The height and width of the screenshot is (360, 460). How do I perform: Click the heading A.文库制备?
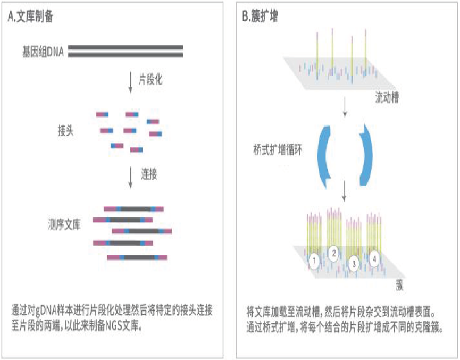click(x=30, y=16)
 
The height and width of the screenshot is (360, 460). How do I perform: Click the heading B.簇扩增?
click(x=260, y=16)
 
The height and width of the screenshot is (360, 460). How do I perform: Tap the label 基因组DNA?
click(x=43, y=52)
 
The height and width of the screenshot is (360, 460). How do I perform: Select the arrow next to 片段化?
click(x=130, y=82)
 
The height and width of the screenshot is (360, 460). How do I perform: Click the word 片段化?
click(x=150, y=79)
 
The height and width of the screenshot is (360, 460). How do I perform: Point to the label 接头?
click(x=65, y=130)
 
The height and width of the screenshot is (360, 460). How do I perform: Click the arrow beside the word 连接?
click(x=130, y=178)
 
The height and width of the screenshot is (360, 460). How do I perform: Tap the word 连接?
click(x=149, y=174)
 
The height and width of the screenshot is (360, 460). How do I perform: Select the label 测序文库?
click(x=64, y=225)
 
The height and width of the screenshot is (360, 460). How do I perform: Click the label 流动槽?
click(x=387, y=97)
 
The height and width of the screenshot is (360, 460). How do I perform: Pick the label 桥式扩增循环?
click(x=278, y=150)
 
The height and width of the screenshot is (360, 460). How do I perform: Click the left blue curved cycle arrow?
click(x=325, y=156)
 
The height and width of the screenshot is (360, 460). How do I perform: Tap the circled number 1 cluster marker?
click(x=314, y=261)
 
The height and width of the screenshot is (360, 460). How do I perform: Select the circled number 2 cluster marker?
click(x=333, y=253)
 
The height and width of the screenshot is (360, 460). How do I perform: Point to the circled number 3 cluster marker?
click(x=354, y=264)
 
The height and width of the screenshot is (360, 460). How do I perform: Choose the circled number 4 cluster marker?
click(x=374, y=259)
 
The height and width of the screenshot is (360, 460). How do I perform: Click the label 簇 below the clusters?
click(x=399, y=285)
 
